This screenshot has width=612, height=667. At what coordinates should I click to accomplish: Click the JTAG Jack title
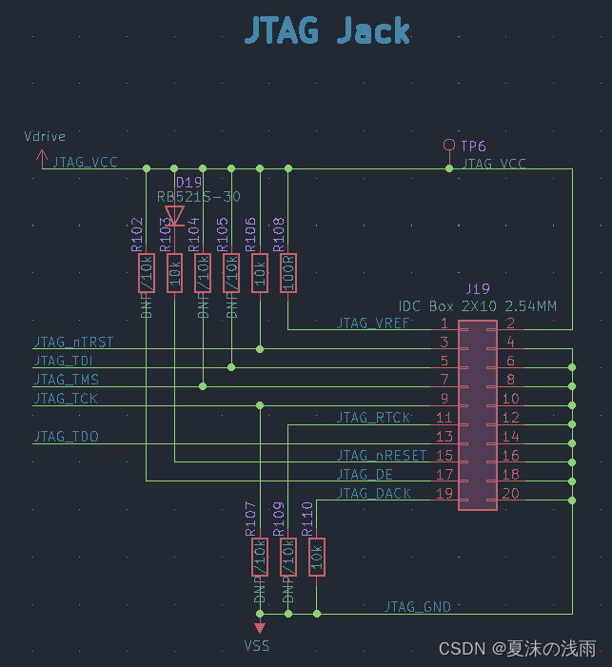click(326, 30)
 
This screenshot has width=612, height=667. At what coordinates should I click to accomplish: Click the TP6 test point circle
click(449, 145)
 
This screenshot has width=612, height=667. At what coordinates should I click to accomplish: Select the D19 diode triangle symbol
click(174, 214)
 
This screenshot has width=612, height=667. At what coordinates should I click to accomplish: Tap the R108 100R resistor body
click(288, 273)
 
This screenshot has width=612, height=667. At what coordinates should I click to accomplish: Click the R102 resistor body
click(146, 273)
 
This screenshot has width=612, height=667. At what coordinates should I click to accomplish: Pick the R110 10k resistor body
click(317, 558)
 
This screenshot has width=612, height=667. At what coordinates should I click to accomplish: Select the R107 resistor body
click(259, 558)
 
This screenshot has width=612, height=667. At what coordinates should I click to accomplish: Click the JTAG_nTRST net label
click(73, 342)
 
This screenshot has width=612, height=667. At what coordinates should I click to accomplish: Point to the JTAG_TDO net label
click(66, 437)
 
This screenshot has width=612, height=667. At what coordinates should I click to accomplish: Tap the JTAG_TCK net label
click(65, 399)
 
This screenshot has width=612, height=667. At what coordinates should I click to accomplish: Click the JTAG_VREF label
click(373, 324)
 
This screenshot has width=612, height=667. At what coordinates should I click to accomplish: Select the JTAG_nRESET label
click(382, 456)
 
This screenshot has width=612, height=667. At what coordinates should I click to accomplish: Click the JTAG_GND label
click(417, 606)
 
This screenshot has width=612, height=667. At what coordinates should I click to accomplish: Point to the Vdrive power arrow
click(42, 158)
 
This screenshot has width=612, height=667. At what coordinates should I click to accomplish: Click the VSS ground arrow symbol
click(259, 627)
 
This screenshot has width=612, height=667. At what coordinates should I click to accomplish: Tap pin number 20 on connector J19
click(510, 493)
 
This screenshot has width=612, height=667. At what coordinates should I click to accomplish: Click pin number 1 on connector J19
click(444, 324)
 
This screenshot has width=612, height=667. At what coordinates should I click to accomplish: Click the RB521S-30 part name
click(199, 197)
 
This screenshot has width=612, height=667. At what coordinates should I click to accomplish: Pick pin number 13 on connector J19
click(444, 437)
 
